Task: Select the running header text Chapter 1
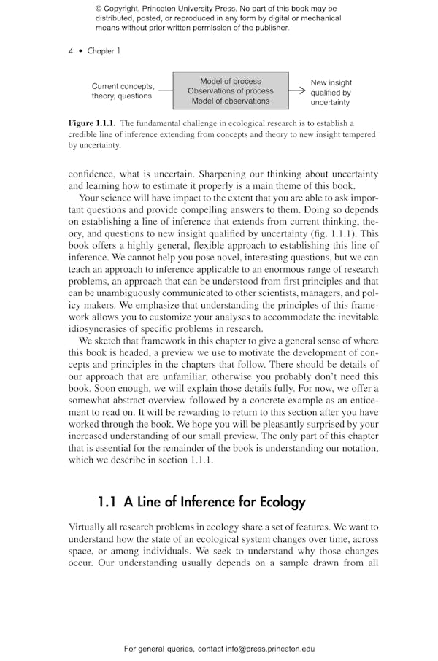(104, 51)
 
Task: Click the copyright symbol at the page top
(99, 9)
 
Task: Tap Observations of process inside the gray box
(230, 91)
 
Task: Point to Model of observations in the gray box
(230, 101)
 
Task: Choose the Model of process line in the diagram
(230, 81)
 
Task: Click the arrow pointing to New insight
(297, 91)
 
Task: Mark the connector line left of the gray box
(165, 91)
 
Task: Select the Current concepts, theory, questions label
(123, 91)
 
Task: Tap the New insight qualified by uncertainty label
(331, 93)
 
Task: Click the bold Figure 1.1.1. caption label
(92, 123)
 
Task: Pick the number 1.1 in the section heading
(107, 502)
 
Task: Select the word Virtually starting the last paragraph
(88, 527)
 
